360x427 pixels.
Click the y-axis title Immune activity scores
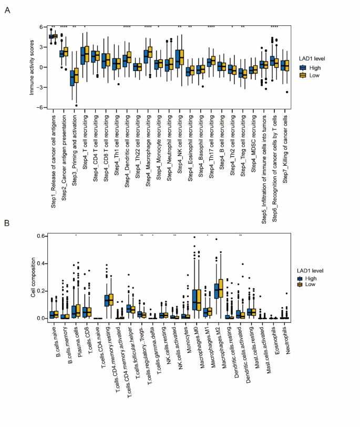point(32,67)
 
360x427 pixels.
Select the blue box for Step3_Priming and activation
point(73,77)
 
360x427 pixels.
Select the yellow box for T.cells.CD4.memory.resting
point(110,299)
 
